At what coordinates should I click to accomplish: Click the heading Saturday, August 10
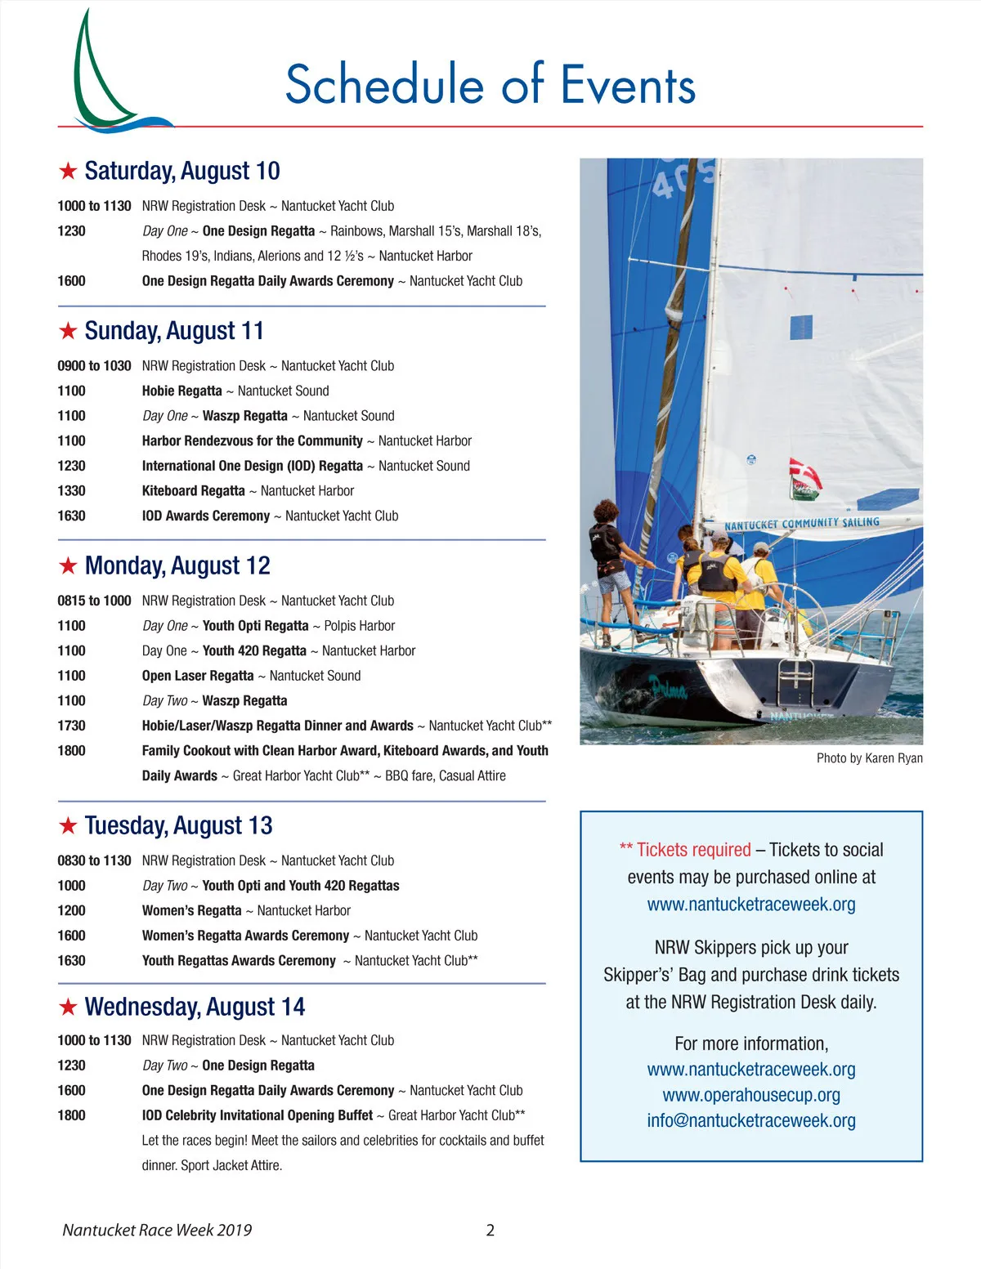[x=181, y=171]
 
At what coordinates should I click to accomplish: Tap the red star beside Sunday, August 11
[x=68, y=331]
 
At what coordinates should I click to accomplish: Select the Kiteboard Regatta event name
[x=193, y=491]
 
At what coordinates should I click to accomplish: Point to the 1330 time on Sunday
[x=71, y=491]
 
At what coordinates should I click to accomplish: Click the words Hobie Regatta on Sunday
[x=181, y=391]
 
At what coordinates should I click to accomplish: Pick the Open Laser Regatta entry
[x=198, y=676]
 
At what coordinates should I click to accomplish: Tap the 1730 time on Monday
[x=71, y=726]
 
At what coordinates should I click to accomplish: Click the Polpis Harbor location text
[x=359, y=626]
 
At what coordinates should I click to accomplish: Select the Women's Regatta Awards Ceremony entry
[x=245, y=936]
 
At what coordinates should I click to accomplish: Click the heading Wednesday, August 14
[x=195, y=1007]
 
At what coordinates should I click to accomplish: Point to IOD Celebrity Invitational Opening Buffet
[x=258, y=1115]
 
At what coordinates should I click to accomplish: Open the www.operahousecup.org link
[x=751, y=1095]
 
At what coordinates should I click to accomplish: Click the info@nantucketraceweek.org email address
[x=751, y=1120]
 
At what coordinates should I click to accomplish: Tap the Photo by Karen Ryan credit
[x=869, y=758]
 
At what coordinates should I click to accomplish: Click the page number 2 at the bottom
[x=490, y=1231]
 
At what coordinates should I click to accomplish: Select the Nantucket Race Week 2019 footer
[x=157, y=1231]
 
